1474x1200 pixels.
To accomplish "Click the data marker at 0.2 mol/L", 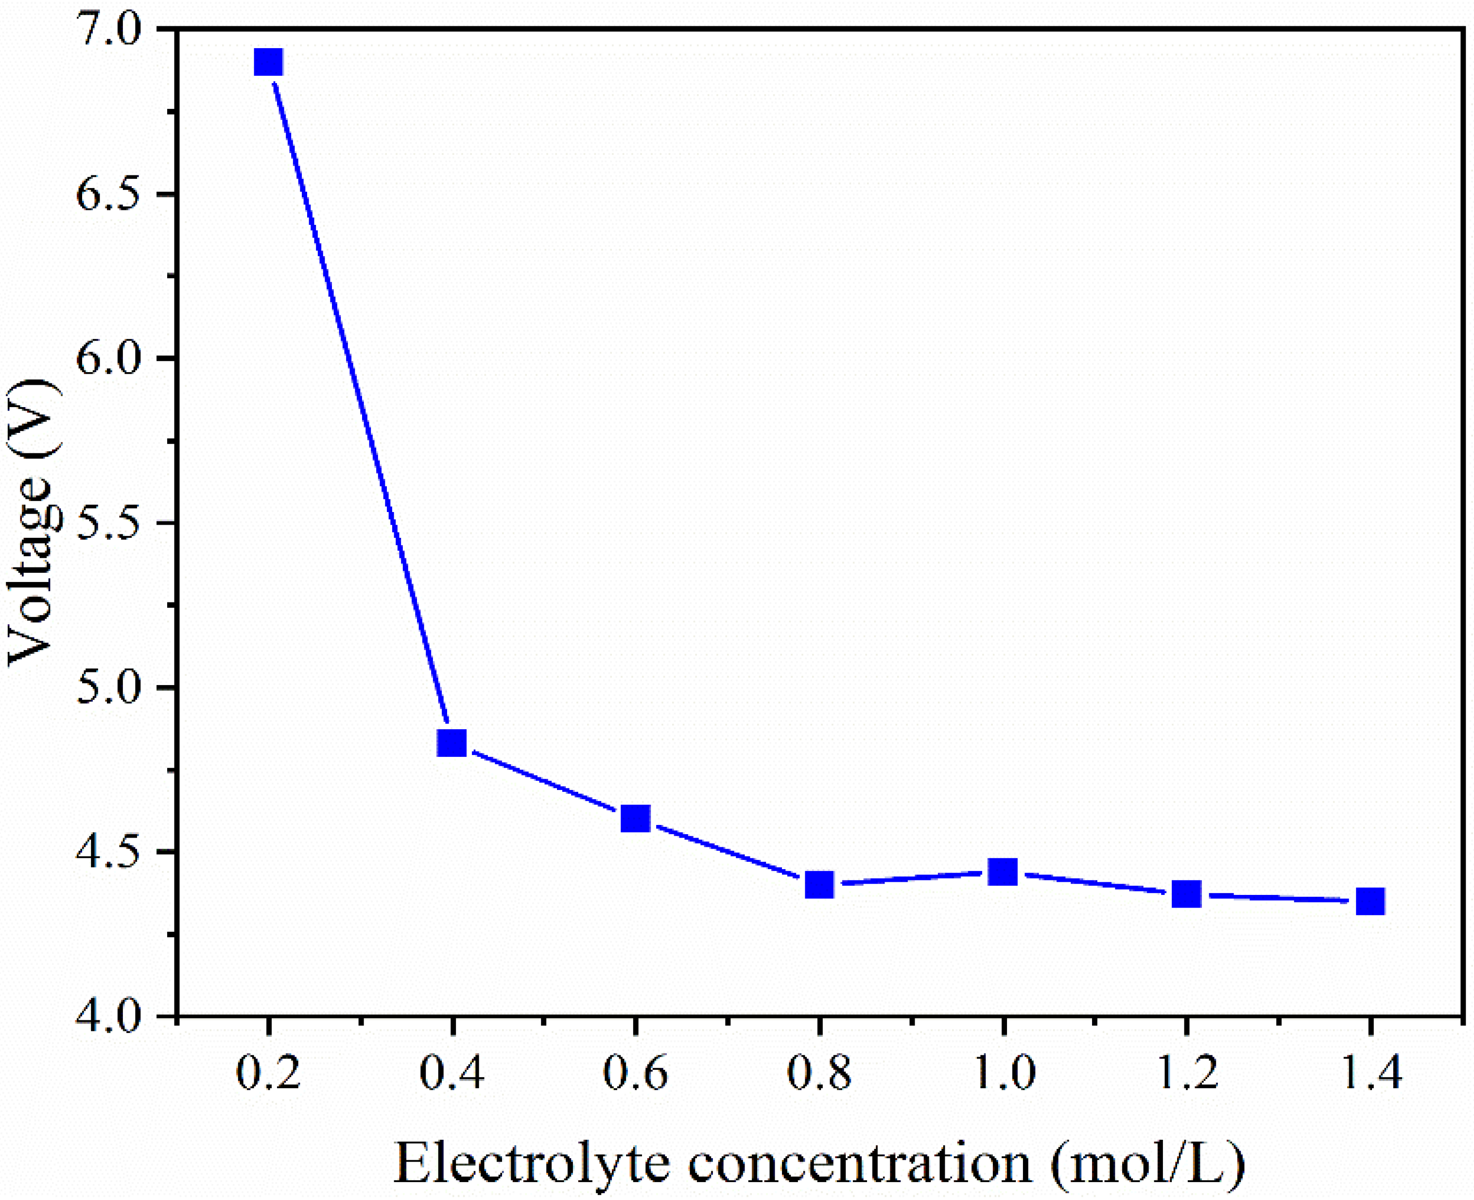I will pos(268,62).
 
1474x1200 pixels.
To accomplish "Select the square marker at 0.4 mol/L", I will pos(452,743).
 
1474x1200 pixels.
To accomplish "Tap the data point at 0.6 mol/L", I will pos(635,819).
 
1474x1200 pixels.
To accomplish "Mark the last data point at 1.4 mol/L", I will pos(1370,901).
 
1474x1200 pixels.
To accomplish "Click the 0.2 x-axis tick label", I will pos(268,1074).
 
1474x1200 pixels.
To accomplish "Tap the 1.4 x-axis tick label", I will pos(1370,1074).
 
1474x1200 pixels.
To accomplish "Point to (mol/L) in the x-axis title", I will pos(1148,1164).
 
